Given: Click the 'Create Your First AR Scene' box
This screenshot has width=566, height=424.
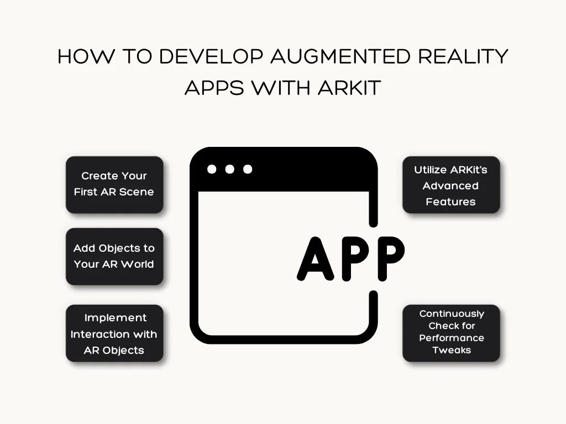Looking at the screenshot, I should pos(114,184).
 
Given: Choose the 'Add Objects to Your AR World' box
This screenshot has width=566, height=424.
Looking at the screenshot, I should pos(114,256).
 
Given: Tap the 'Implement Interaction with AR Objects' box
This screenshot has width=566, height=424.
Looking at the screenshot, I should pos(114,333).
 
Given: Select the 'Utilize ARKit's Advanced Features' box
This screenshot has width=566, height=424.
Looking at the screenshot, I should pos(451,185).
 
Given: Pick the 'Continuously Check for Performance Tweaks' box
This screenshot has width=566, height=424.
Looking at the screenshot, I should pos(451,332).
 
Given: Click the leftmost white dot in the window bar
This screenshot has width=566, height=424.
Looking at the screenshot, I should pos(212,169).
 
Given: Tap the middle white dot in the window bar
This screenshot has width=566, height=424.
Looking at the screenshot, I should pos(230,169).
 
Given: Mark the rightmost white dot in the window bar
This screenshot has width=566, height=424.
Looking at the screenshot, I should pos(248,169).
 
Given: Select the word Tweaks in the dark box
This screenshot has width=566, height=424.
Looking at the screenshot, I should pos(452,350).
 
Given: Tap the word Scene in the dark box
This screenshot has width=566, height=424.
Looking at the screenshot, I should pos(137,192).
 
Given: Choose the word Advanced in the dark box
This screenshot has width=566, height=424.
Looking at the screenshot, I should pos(450,186).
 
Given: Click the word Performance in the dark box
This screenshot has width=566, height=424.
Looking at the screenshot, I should pos(452,338).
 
